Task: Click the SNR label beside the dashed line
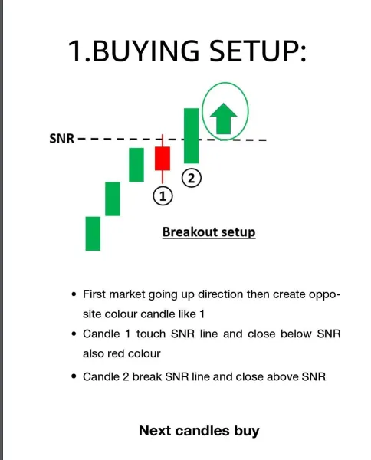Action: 61,140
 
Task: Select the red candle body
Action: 162,159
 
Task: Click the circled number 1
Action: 163,196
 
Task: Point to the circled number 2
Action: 191,178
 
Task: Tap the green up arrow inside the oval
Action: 225,119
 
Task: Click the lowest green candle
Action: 93,233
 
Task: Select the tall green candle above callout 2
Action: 191,135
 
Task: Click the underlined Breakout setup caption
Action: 208,232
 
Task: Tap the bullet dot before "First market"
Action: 73,294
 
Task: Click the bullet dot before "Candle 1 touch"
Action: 73,334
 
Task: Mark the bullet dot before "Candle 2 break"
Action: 73,376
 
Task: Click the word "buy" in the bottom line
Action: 247,430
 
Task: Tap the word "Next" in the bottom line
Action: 154,430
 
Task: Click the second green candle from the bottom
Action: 113,199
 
